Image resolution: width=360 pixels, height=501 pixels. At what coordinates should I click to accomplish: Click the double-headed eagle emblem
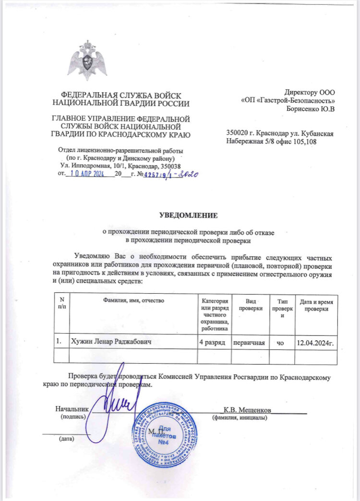point(87,62)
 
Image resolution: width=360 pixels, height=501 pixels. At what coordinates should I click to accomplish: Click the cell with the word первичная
point(249,342)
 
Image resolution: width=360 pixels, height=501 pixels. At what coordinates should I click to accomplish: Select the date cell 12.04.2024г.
point(315,343)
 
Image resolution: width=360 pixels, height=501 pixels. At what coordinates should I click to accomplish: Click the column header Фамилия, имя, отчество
point(133,300)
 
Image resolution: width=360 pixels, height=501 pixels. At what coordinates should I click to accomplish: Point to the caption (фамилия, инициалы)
point(240,418)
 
